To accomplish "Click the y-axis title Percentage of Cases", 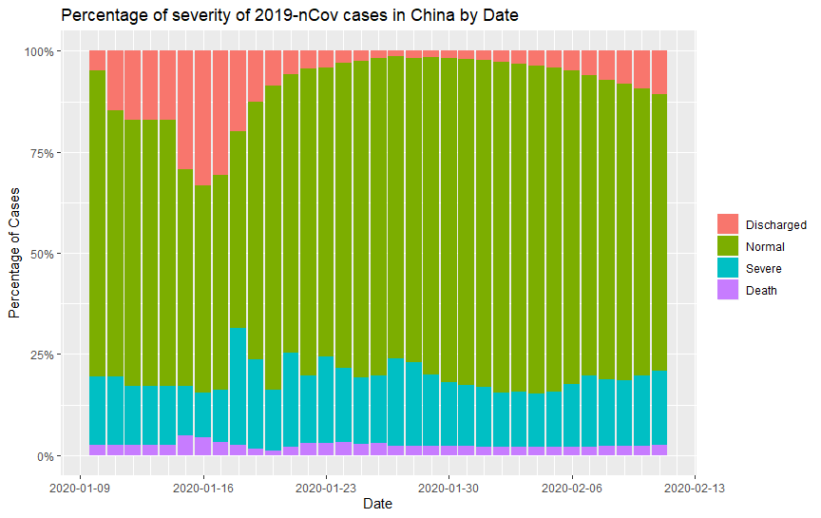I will point(14,253).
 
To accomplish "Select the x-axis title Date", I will point(377,504).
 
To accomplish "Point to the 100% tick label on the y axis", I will point(43,50).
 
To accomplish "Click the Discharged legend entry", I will point(776,225).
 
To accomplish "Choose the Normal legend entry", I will point(765,247).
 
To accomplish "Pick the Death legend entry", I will point(762,291).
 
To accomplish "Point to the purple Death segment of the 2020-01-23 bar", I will point(326,449).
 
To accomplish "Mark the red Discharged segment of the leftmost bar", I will point(97,60).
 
